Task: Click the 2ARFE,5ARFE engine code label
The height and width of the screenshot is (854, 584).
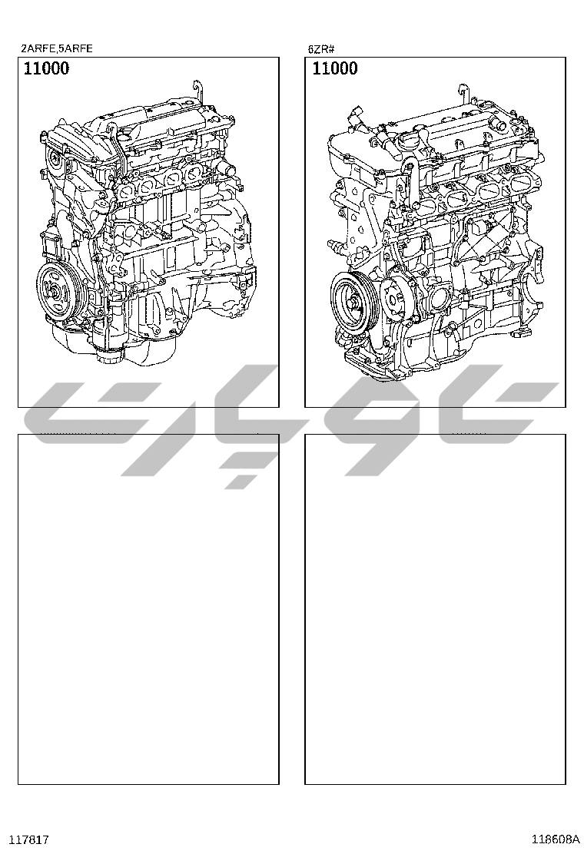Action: click(57, 48)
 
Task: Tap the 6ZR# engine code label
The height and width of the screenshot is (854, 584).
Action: click(321, 49)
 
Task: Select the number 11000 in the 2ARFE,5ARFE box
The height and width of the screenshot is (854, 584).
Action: click(46, 68)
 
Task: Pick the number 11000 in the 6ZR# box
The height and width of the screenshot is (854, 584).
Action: click(335, 68)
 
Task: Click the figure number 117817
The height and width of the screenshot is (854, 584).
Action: click(35, 840)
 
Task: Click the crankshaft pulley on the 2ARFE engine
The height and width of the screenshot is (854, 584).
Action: click(59, 291)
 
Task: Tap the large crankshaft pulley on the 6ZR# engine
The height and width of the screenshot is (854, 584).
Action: click(352, 300)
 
